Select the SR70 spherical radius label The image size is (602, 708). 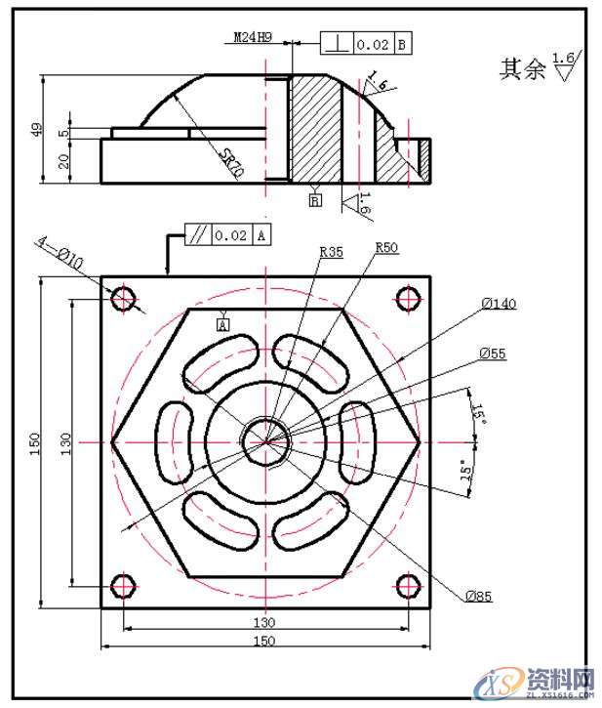[x=231, y=161]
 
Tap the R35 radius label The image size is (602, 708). [x=331, y=251]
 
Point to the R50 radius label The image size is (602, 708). [x=387, y=248]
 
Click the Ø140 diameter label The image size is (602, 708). [x=498, y=304]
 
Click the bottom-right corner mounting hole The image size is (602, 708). [x=408, y=586]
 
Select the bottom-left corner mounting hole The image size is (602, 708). [x=124, y=586]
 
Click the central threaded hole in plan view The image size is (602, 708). [x=266, y=441]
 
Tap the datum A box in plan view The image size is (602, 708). [x=222, y=324]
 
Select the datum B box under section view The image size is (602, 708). [x=315, y=200]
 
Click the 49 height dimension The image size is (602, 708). [x=36, y=129]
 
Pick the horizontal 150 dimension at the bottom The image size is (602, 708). [x=264, y=641]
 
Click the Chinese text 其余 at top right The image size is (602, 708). [x=522, y=69]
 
